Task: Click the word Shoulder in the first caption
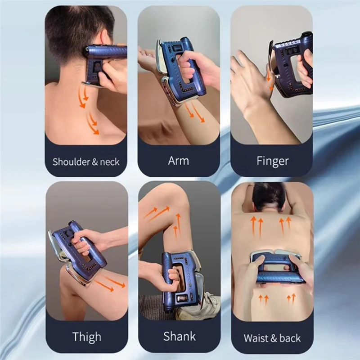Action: (71, 162)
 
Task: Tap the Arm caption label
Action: (178, 160)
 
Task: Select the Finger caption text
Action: (272, 161)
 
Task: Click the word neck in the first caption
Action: (109, 162)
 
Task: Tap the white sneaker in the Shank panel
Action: (205, 308)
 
